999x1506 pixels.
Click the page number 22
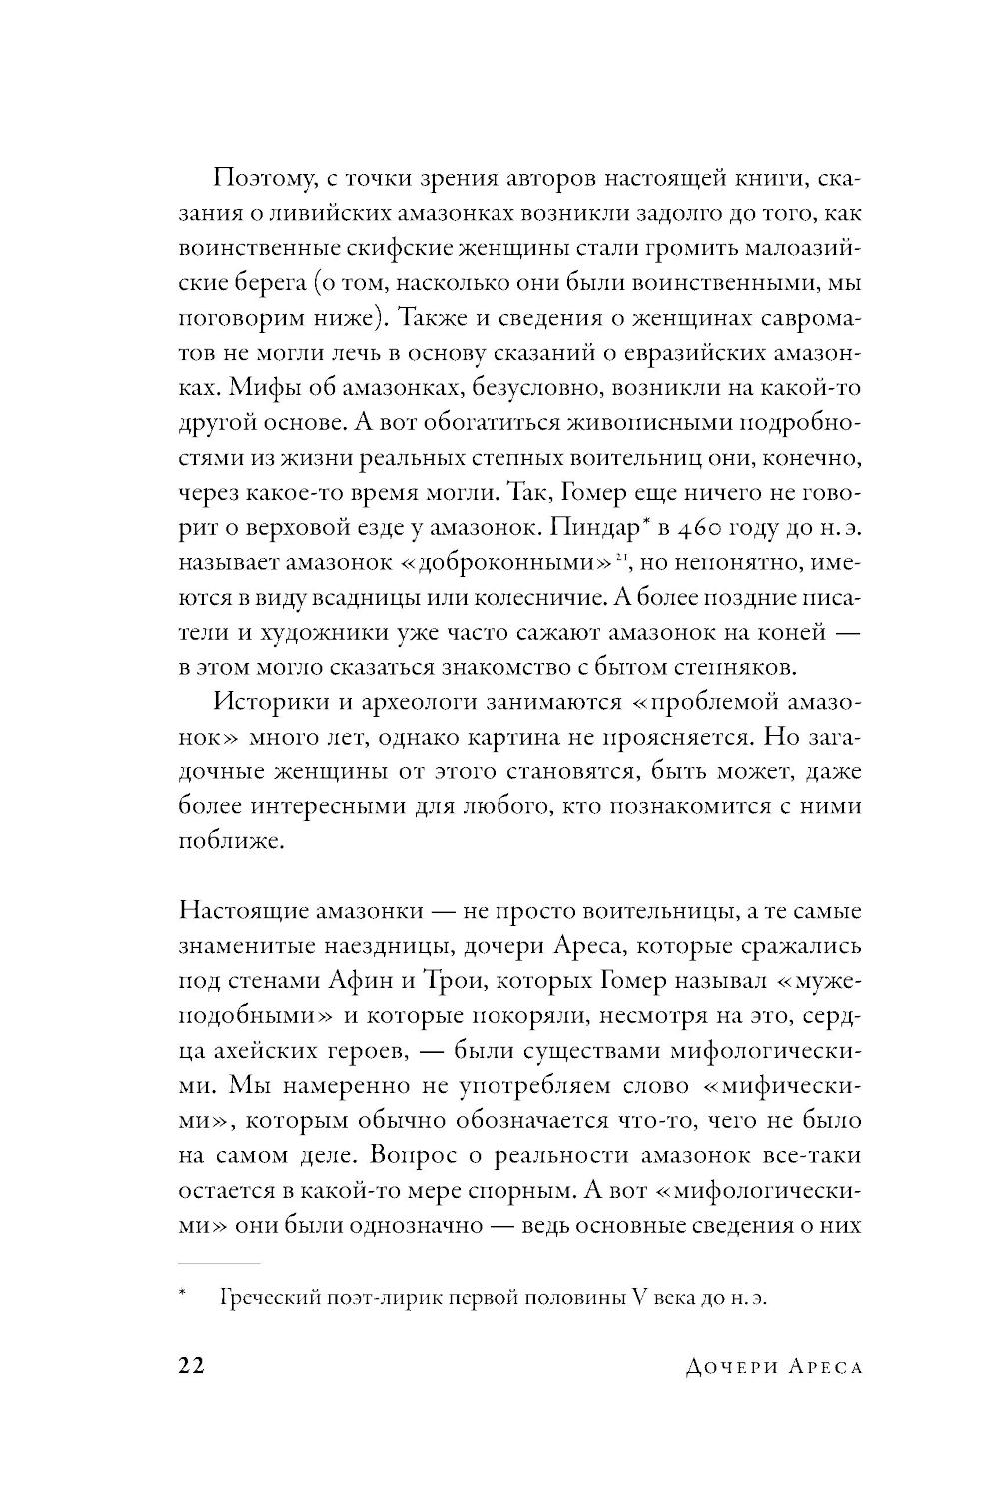pyautogui.click(x=191, y=1367)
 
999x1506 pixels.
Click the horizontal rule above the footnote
pyautogui.click(x=218, y=1264)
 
